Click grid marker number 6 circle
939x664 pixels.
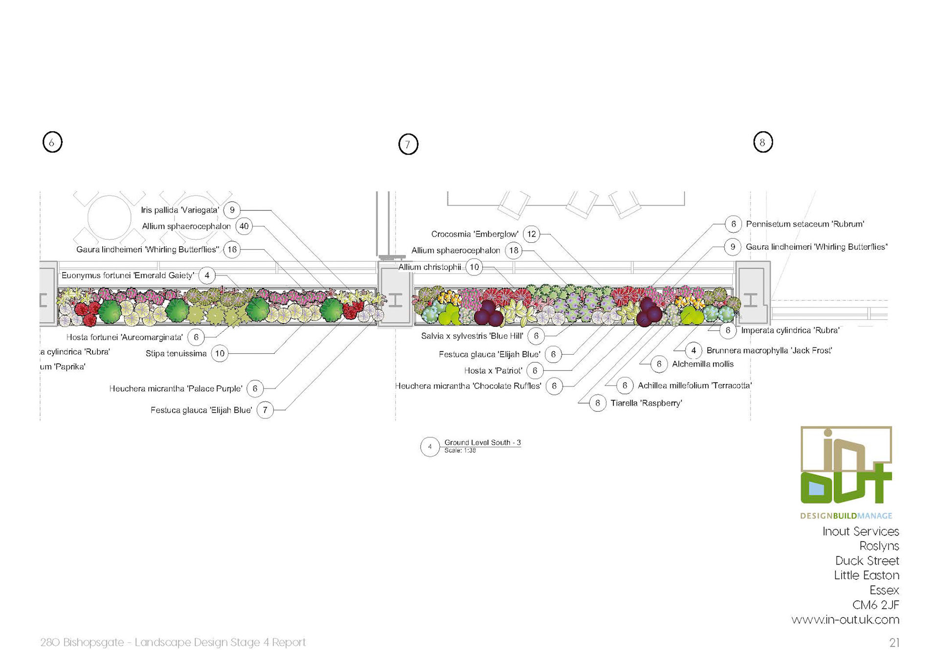pyautogui.click(x=52, y=142)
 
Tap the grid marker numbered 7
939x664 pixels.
pyautogui.click(x=408, y=145)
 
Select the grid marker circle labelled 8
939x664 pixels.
pyautogui.click(x=763, y=142)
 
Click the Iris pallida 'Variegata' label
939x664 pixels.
pyautogui.click(x=180, y=210)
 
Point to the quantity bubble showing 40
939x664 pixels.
pyautogui.click(x=244, y=227)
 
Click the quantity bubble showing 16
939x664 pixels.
pyautogui.click(x=232, y=250)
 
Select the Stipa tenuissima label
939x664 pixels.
pyautogui.click(x=176, y=354)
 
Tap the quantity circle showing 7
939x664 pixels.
pyautogui.click(x=265, y=410)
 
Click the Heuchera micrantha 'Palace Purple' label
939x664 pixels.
pyautogui.click(x=176, y=389)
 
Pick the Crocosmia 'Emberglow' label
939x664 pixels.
pyautogui.click(x=475, y=234)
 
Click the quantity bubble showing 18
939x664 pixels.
pyautogui.click(x=514, y=251)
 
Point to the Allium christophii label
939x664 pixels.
pyautogui.click(x=429, y=267)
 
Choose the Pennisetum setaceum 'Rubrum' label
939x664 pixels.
pyautogui.click(x=805, y=224)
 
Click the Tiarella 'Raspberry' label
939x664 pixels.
pyautogui.click(x=646, y=403)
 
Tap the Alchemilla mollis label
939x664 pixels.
pyautogui.click(x=703, y=364)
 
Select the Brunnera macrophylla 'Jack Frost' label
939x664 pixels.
pyautogui.click(x=769, y=350)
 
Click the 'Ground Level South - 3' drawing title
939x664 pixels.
pyautogui.click(x=482, y=442)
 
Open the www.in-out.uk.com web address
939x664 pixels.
pyautogui.click(x=845, y=620)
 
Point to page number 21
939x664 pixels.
pyautogui.click(x=894, y=643)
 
